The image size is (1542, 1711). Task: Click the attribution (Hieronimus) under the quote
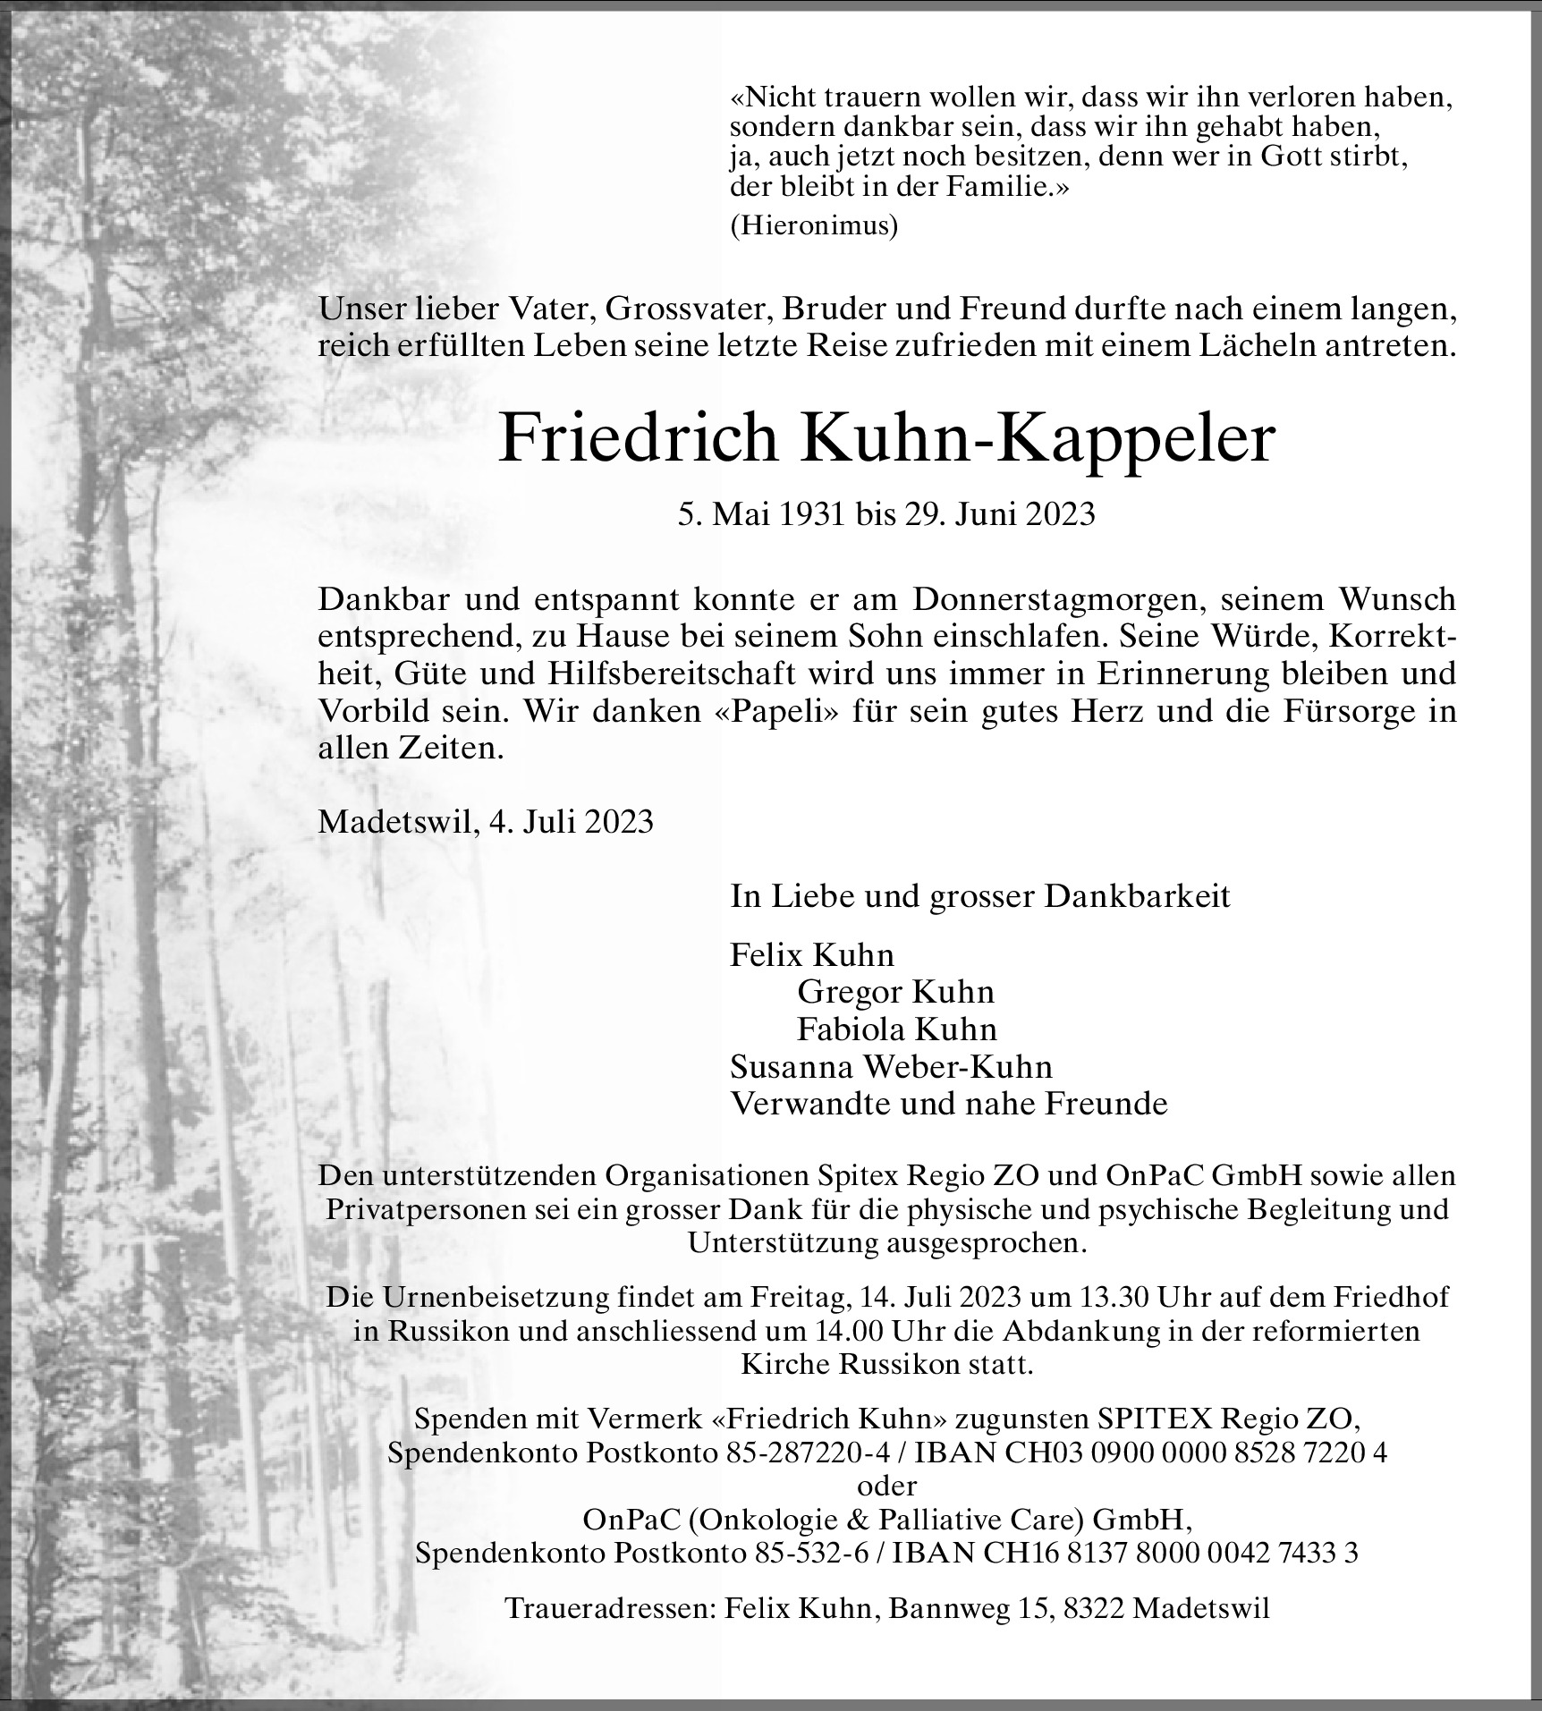pos(814,226)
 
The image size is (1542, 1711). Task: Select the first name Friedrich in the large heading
pos(638,437)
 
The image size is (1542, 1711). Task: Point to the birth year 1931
pos(802,515)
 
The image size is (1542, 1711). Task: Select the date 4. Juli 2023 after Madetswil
pos(571,821)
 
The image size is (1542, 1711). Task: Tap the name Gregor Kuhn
pos(895,992)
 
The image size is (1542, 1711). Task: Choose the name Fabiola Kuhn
pos(896,1029)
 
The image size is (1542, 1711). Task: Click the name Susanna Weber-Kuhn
pos(891,1067)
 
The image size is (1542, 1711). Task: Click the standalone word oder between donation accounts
pos(886,1486)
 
